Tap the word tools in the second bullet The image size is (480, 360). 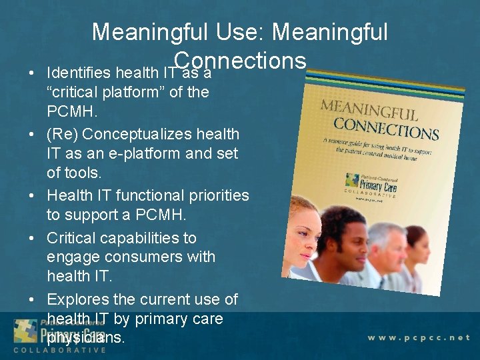(83, 173)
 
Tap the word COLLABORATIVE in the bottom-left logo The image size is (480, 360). (59, 351)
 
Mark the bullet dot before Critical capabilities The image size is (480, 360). (31, 238)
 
